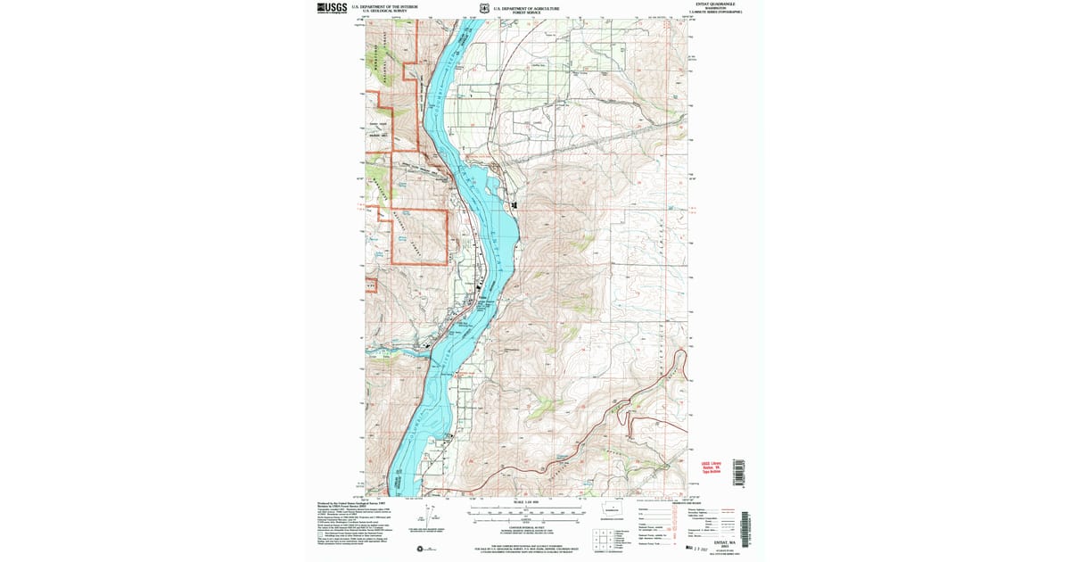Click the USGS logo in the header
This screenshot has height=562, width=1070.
pyautogui.click(x=332, y=8)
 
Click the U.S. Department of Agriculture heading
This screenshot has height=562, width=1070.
pyautogui.click(x=526, y=6)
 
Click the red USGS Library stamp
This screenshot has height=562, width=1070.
pyautogui.click(x=710, y=468)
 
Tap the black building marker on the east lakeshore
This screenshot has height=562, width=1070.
pyautogui.click(x=514, y=206)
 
